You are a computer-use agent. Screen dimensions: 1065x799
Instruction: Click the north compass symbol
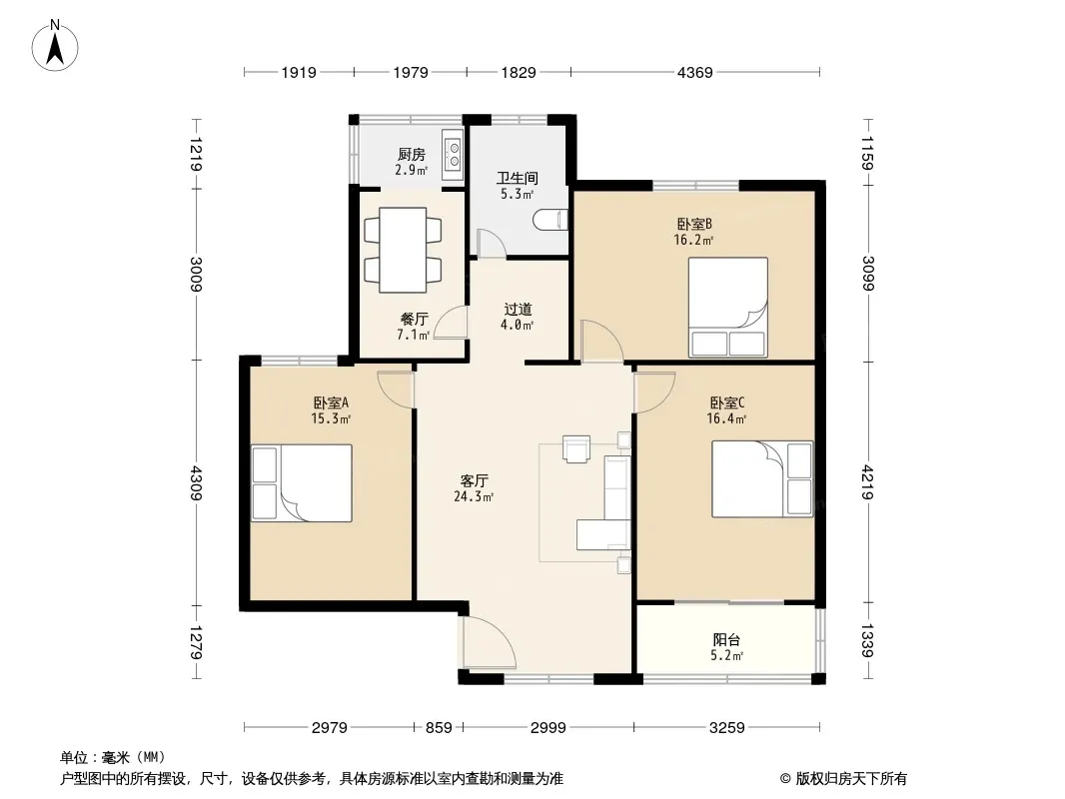[55, 46]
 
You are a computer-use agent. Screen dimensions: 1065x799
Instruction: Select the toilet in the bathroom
[550, 220]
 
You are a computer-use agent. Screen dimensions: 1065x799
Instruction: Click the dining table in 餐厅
[403, 250]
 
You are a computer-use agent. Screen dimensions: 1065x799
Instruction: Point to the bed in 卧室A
[302, 483]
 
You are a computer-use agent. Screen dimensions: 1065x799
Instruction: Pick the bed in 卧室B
[728, 307]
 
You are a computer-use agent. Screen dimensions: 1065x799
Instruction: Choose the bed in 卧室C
[762, 479]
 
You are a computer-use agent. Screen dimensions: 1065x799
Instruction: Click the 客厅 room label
[475, 481]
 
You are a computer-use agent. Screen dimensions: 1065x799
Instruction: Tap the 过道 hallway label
[518, 310]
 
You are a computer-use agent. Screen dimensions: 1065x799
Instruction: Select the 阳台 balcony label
[726, 639]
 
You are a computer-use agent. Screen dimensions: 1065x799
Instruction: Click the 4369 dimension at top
[694, 72]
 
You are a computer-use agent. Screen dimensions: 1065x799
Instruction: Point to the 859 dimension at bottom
[439, 728]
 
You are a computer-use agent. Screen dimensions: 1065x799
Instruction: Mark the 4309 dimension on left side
[196, 483]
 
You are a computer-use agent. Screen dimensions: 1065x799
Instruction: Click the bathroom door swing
[491, 244]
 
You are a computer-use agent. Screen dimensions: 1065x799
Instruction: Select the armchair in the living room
[576, 448]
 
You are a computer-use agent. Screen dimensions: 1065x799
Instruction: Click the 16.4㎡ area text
[726, 418]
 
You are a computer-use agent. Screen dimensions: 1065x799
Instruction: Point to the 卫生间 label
[518, 178]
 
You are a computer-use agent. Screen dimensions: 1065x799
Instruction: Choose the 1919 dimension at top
[299, 72]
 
